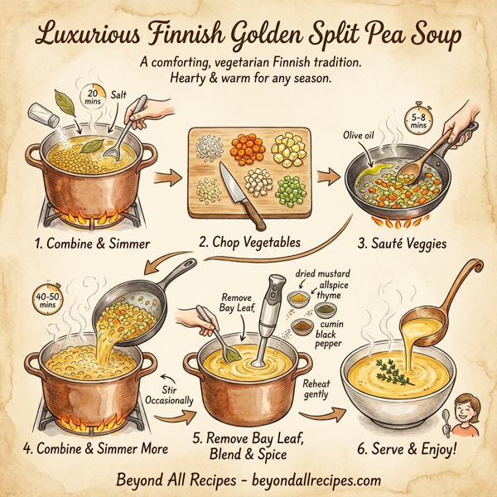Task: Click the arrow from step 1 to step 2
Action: [x=168, y=177]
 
